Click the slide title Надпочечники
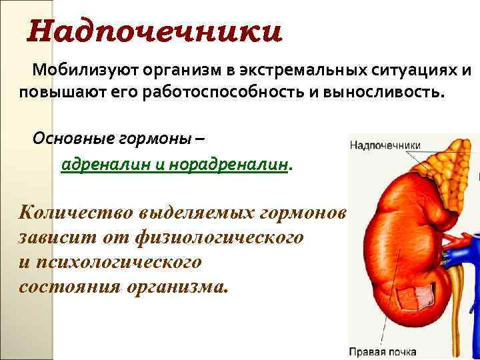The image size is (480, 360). [155, 32]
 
